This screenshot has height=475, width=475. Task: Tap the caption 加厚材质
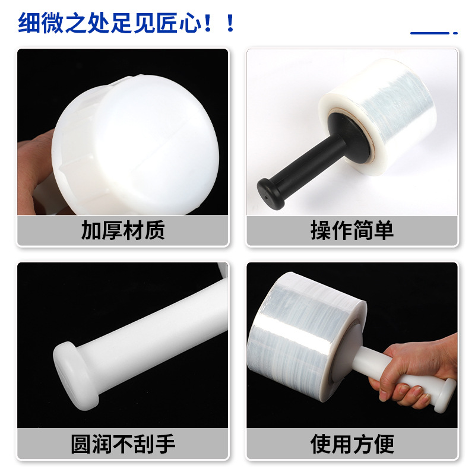coord(122,230)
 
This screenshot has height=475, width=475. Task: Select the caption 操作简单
coord(351,230)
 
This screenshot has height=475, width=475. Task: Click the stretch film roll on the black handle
coord(380,119)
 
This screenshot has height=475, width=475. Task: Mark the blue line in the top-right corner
coord(430,33)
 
